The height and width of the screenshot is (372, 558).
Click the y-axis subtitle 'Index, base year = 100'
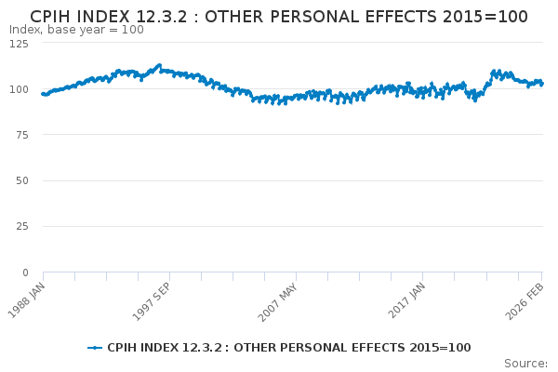(x=76, y=30)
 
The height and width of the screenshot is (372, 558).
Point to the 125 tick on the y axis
(x=19, y=43)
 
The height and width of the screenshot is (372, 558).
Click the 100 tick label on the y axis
(x=19, y=89)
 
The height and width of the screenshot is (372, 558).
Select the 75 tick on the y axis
(x=21, y=135)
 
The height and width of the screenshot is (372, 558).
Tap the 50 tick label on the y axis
(x=21, y=180)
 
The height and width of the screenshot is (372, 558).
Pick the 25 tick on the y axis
(x=21, y=227)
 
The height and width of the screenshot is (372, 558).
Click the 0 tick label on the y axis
(x=25, y=272)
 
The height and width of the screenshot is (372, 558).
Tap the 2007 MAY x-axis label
(x=278, y=298)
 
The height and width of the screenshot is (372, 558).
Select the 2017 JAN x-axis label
(x=405, y=297)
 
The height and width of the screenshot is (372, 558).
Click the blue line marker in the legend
(x=95, y=348)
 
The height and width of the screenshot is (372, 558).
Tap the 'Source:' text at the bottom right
(x=525, y=363)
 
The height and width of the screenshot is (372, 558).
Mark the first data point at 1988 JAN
(x=43, y=93)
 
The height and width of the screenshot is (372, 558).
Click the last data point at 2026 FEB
(x=541, y=84)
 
